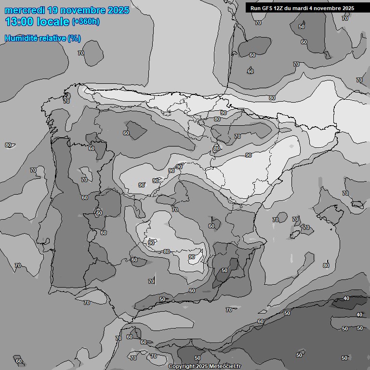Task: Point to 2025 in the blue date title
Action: point(118,10)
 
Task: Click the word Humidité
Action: point(21,38)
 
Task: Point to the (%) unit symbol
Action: point(74,38)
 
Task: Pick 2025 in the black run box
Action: point(348,8)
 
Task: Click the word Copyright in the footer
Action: point(182,366)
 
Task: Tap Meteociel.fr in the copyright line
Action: point(225,366)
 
